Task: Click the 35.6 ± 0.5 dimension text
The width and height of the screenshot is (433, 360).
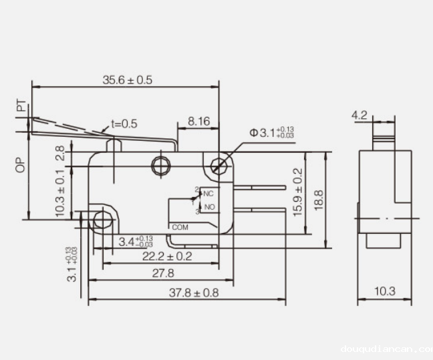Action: coord(127,80)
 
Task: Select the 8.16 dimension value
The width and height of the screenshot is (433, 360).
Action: coord(198,121)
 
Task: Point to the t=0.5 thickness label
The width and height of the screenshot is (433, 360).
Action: coord(124,124)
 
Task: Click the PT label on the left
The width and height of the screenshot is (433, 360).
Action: coord(22,106)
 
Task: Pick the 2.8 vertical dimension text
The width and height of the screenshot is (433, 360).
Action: coord(60,153)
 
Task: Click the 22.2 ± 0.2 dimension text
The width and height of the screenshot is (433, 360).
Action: coord(166,256)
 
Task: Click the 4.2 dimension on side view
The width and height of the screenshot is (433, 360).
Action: coord(359,116)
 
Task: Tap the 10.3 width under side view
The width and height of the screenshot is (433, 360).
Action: coord(384,291)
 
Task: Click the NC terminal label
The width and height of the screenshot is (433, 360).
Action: coord(208,194)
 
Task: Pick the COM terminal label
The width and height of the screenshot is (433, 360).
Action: coord(180,227)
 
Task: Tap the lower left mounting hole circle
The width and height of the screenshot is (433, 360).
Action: coord(102,219)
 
